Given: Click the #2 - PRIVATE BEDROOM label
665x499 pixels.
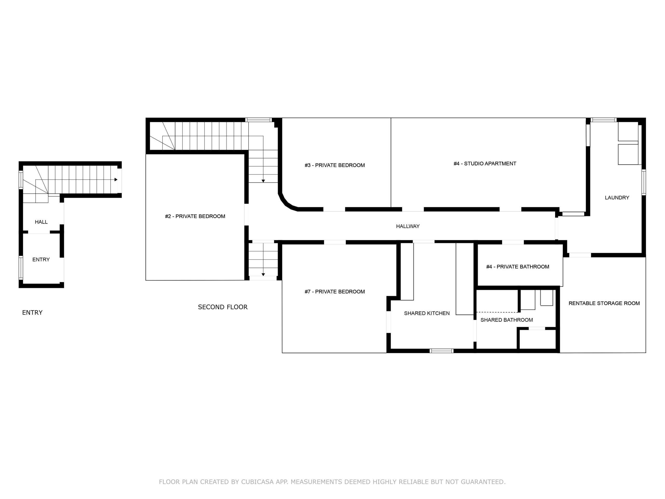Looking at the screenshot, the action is click(195, 216).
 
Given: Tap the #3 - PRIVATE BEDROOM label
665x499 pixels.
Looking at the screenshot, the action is click(335, 165).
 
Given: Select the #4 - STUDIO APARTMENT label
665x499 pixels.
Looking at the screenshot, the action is click(485, 164).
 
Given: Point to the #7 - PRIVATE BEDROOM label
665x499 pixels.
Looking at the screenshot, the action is click(335, 291).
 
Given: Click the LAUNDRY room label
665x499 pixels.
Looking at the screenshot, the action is click(617, 198).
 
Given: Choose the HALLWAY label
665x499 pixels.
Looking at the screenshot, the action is click(408, 226).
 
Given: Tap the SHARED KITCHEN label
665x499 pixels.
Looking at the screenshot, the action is click(427, 313).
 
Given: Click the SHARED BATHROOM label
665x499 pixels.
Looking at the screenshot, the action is click(507, 320).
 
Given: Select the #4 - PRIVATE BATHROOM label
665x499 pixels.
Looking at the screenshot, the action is click(517, 266).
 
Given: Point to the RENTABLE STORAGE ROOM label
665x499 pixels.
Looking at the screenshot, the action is click(604, 303).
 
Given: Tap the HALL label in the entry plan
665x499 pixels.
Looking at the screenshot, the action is click(41, 222).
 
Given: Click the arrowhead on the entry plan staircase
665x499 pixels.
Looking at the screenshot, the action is click(116, 180).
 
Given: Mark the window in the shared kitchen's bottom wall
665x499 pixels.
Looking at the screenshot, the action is click(441, 351).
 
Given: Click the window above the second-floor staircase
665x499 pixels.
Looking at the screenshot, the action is click(258, 120).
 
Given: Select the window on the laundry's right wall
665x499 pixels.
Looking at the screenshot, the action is click(644, 182).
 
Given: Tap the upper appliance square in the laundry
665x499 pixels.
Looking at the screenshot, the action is click(628, 132).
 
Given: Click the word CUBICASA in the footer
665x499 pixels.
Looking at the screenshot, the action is click(257, 482).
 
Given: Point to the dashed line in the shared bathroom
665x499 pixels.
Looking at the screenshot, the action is click(497, 312).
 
